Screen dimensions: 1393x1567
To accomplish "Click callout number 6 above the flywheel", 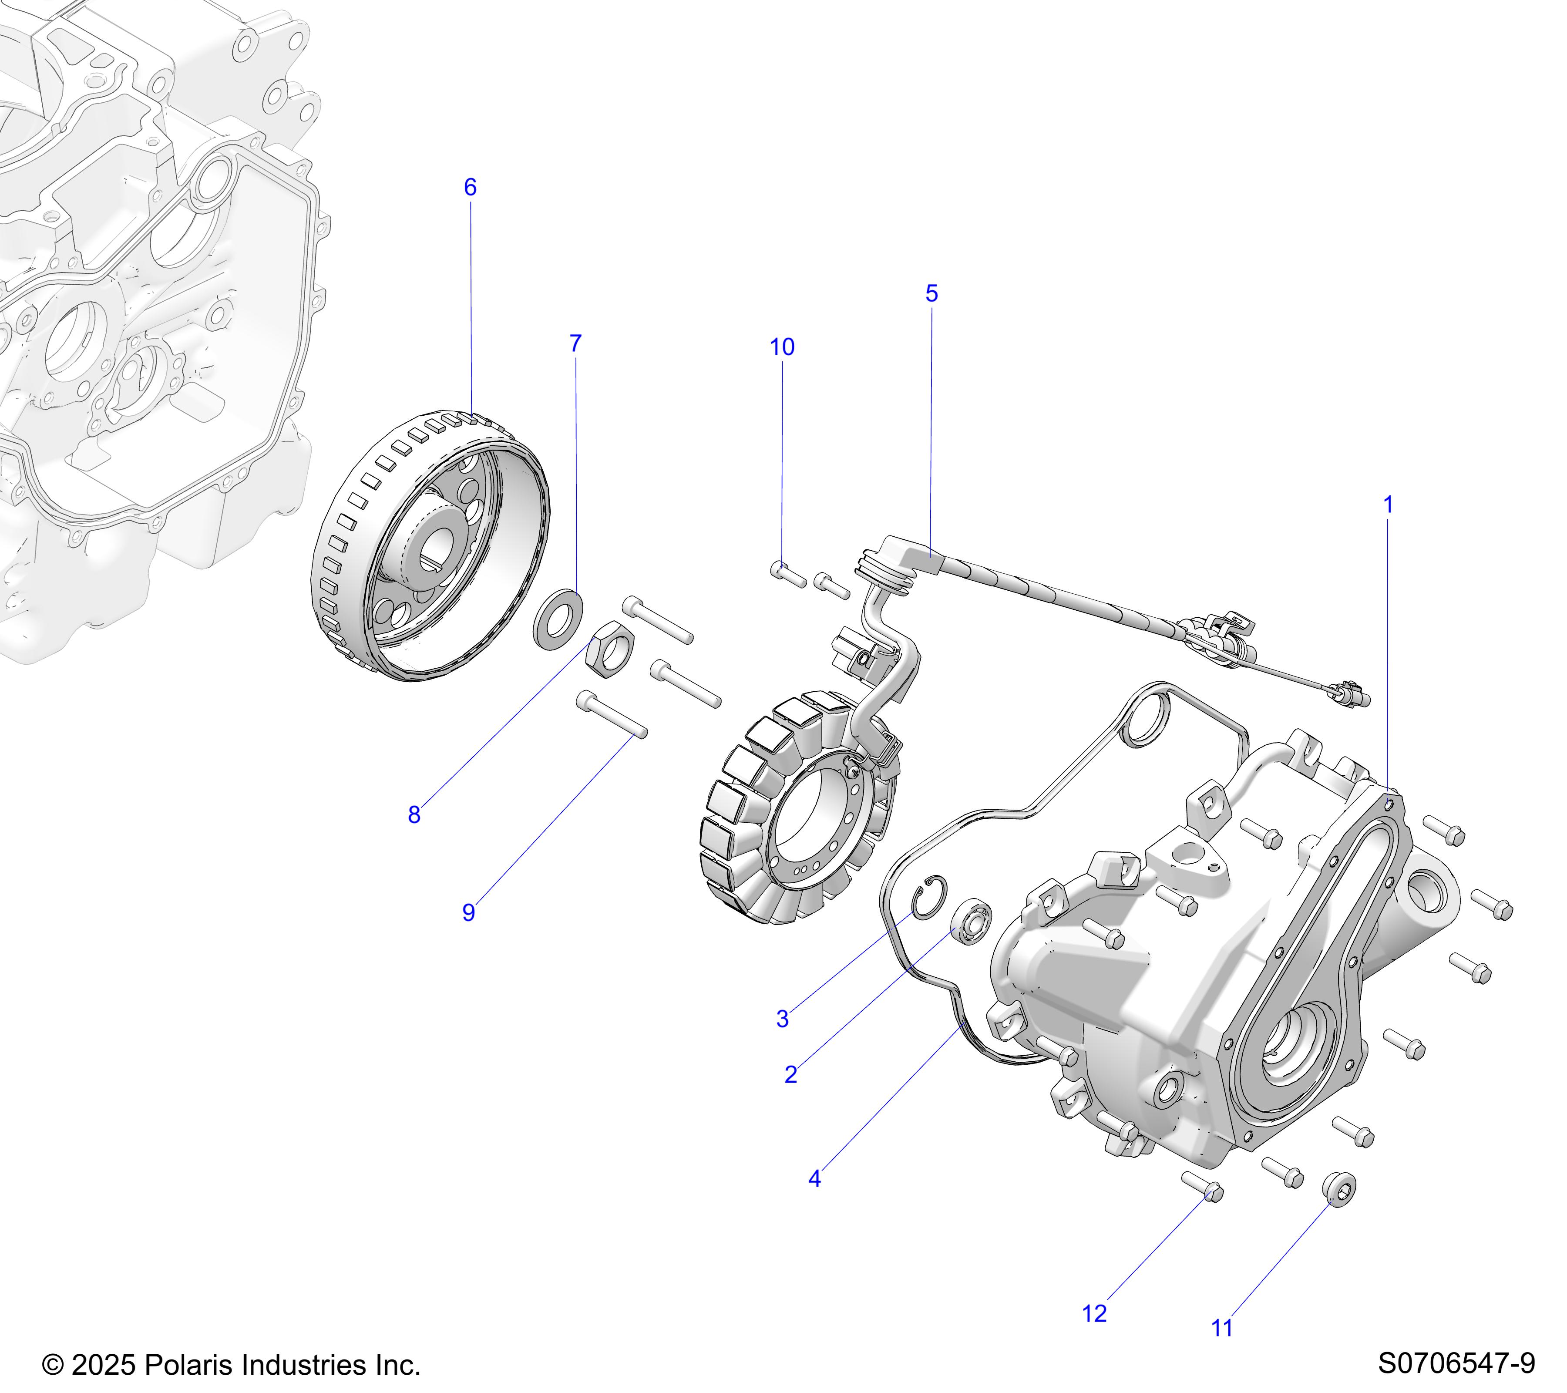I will click(470, 187).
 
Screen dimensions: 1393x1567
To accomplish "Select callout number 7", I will click(576, 343).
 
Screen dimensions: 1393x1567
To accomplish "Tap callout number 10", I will click(782, 347).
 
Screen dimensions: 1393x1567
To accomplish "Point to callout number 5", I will click(931, 294).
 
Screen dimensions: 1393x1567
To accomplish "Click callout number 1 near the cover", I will click(1388, 505).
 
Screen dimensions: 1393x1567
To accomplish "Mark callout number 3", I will click(782, 1019).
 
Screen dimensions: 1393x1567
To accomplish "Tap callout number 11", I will click(1222, 1328).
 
